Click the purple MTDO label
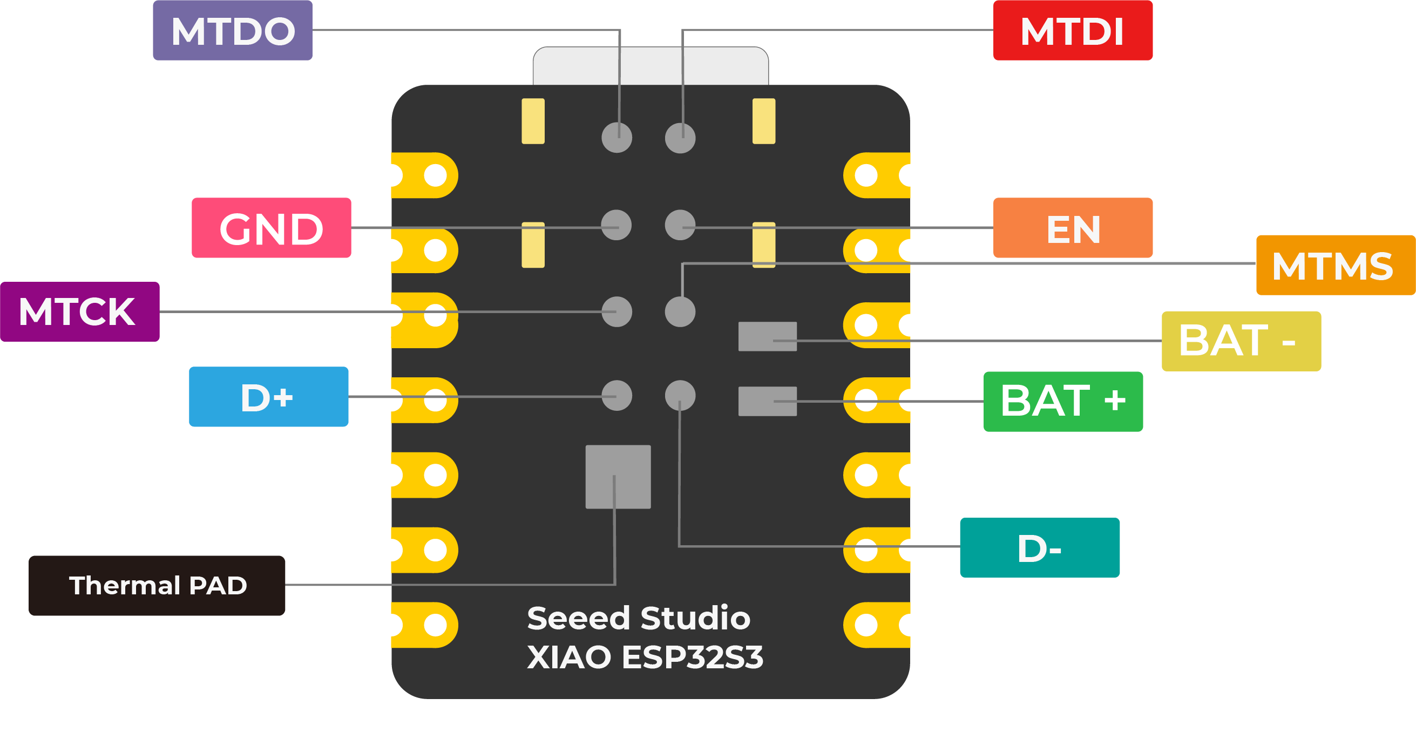coord(233,30)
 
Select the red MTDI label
coord(1073,30)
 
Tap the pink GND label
coord(271,227)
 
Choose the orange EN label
coord(1073,227)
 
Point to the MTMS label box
coord(1334,265)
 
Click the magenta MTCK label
coord(80,311)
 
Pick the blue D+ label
coord(268,397)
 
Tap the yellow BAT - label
coord(1241,341)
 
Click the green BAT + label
coord(1062,401)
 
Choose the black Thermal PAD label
coord(157,585)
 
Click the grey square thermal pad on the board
coord(618,477)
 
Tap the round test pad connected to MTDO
coord(616,138)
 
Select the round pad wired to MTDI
coord(680,138)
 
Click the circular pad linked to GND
coord(615,225)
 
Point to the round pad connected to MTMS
coord(680,311)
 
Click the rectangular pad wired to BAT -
coord(767,336)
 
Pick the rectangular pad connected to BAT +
coord(767,401)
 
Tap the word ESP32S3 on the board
coord(692,657)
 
